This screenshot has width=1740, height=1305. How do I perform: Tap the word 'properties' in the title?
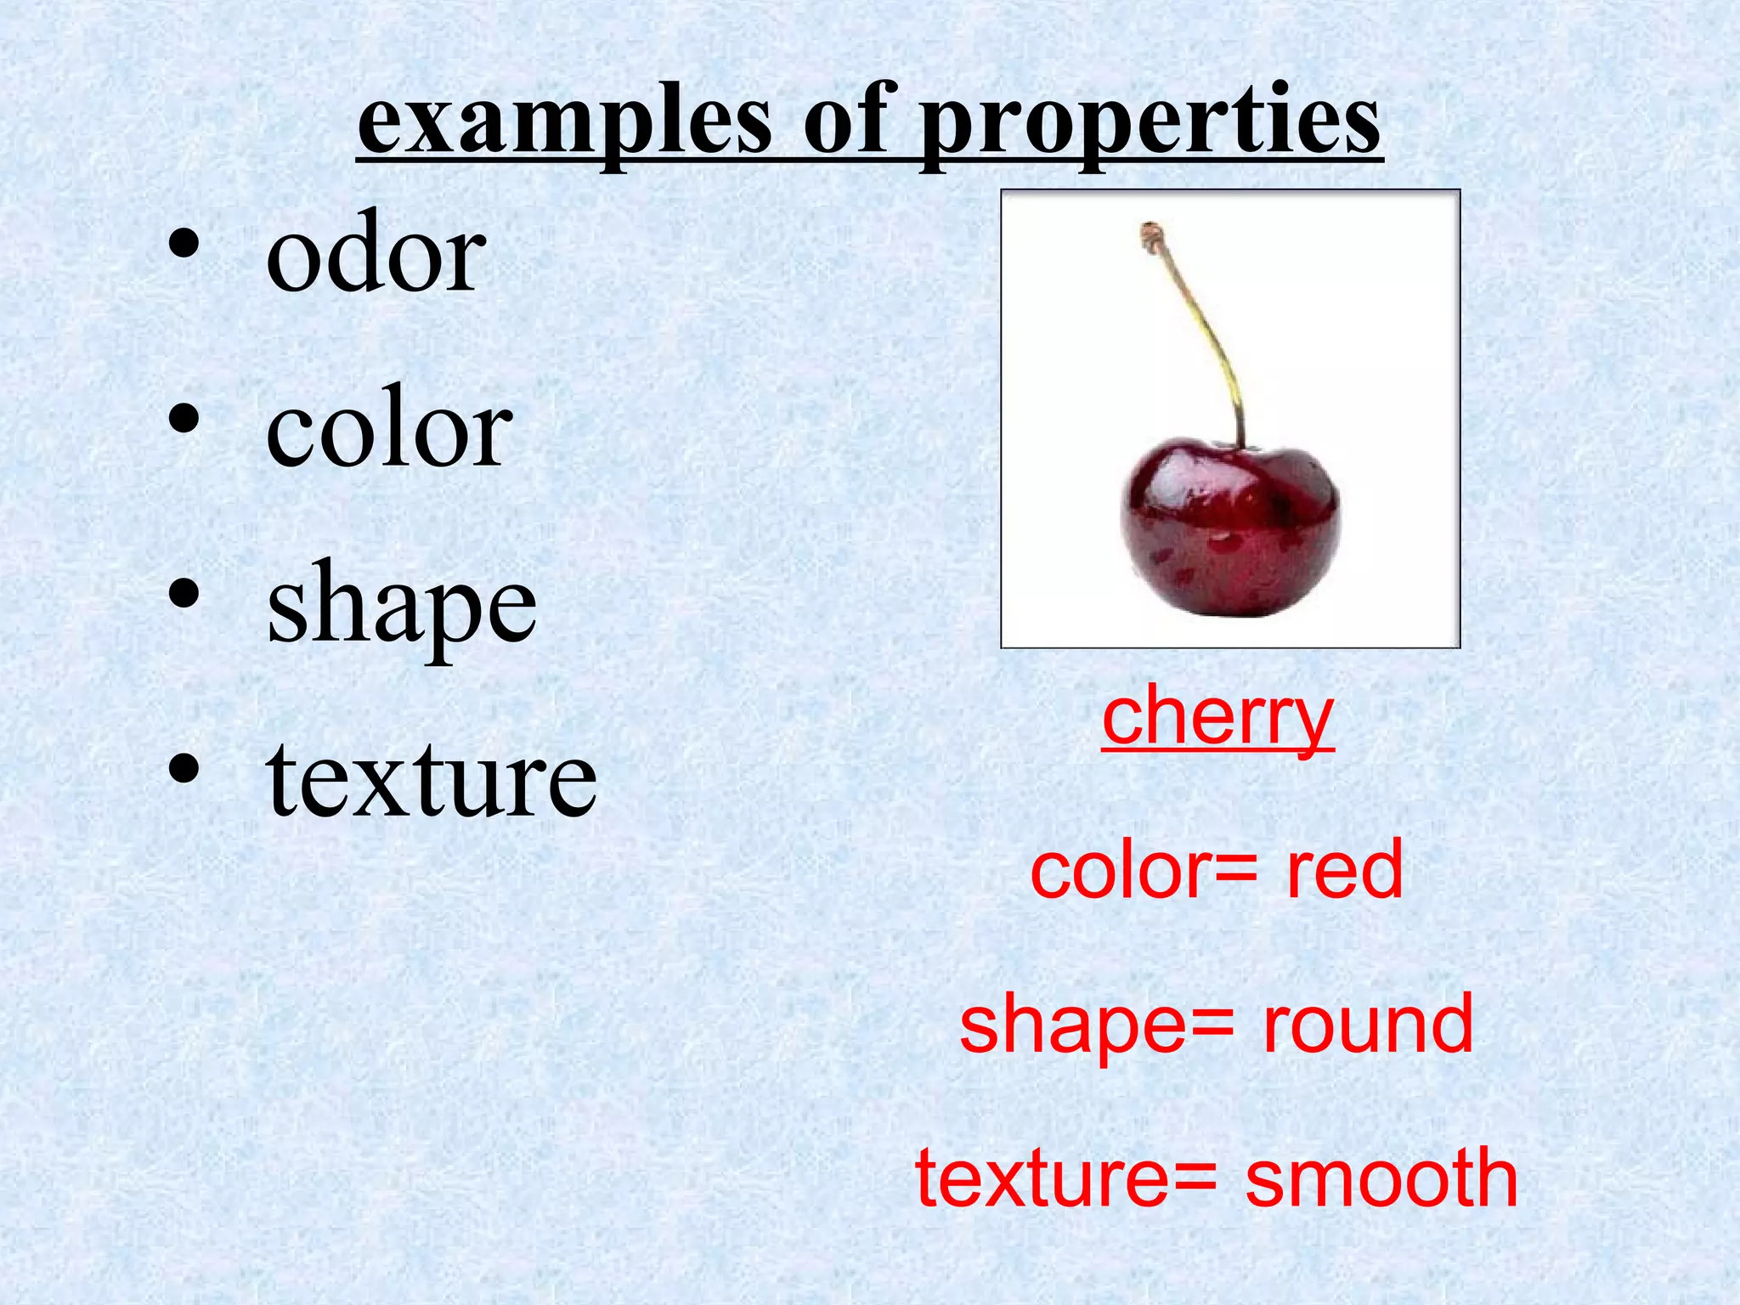[x=1151, y=123]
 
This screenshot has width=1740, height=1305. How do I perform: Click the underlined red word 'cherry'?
[x=1217, y=718]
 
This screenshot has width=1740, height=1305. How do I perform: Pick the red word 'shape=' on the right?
[x=1097, y=1026]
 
